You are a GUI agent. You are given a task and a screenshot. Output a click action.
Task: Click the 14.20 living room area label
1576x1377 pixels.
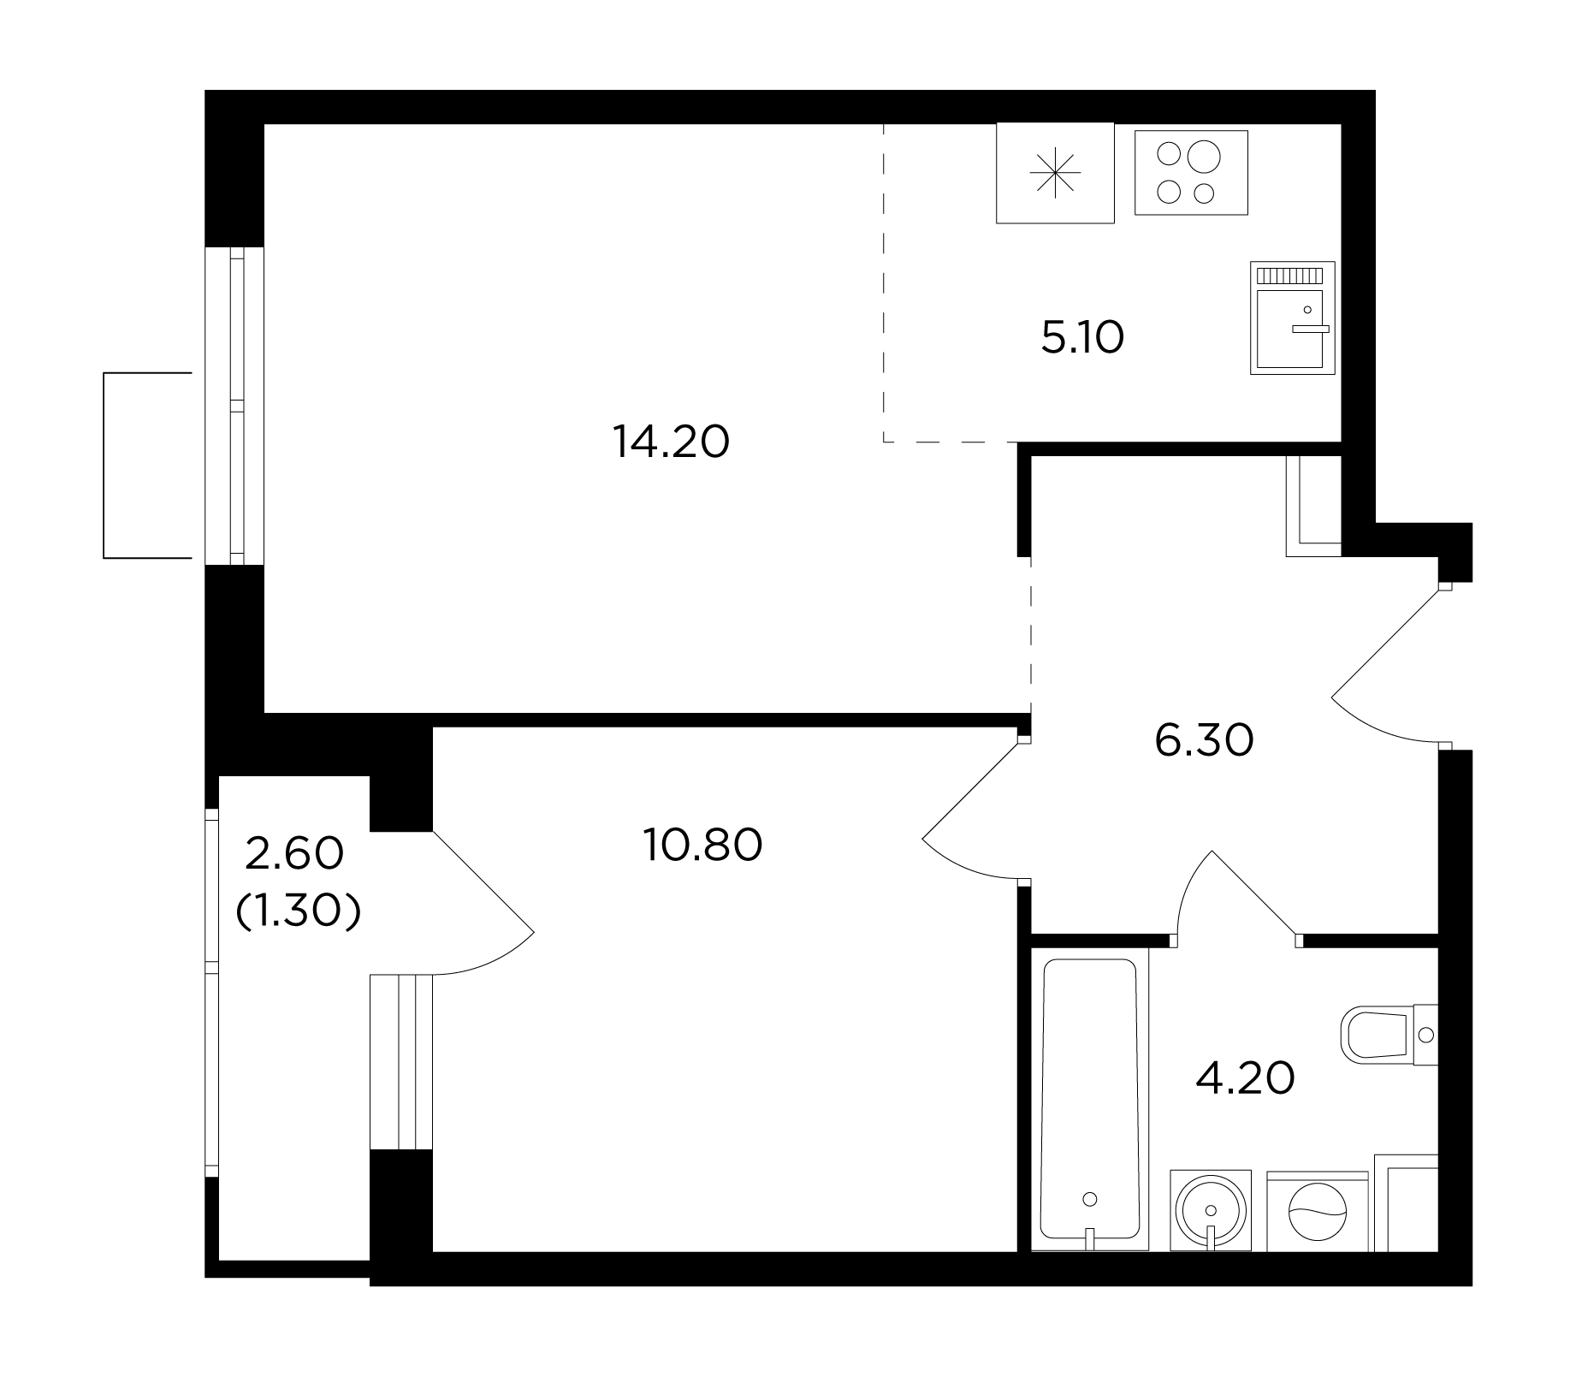point(672,443)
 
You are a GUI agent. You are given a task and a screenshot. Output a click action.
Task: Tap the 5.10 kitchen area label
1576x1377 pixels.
point(1082,338)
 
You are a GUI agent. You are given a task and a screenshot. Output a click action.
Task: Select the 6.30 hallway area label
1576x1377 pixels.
point(1204,741)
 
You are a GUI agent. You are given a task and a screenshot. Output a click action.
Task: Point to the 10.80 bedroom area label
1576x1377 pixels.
point(703,846)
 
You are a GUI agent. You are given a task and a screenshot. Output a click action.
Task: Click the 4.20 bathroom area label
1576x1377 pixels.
point(1245,1078)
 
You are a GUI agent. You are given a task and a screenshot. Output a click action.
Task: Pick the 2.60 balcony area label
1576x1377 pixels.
point(294,854)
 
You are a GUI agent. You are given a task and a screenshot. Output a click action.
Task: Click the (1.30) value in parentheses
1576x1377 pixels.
point(298,914)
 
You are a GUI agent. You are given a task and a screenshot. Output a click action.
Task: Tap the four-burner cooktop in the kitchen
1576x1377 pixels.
point(1191,172)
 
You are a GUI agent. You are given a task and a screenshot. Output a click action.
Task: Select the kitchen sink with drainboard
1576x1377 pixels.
point(1292,318)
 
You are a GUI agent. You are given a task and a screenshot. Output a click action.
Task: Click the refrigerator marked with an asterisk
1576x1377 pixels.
point(1055,173)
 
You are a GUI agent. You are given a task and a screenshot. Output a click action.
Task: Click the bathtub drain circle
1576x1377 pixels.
point(1090,1199)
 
